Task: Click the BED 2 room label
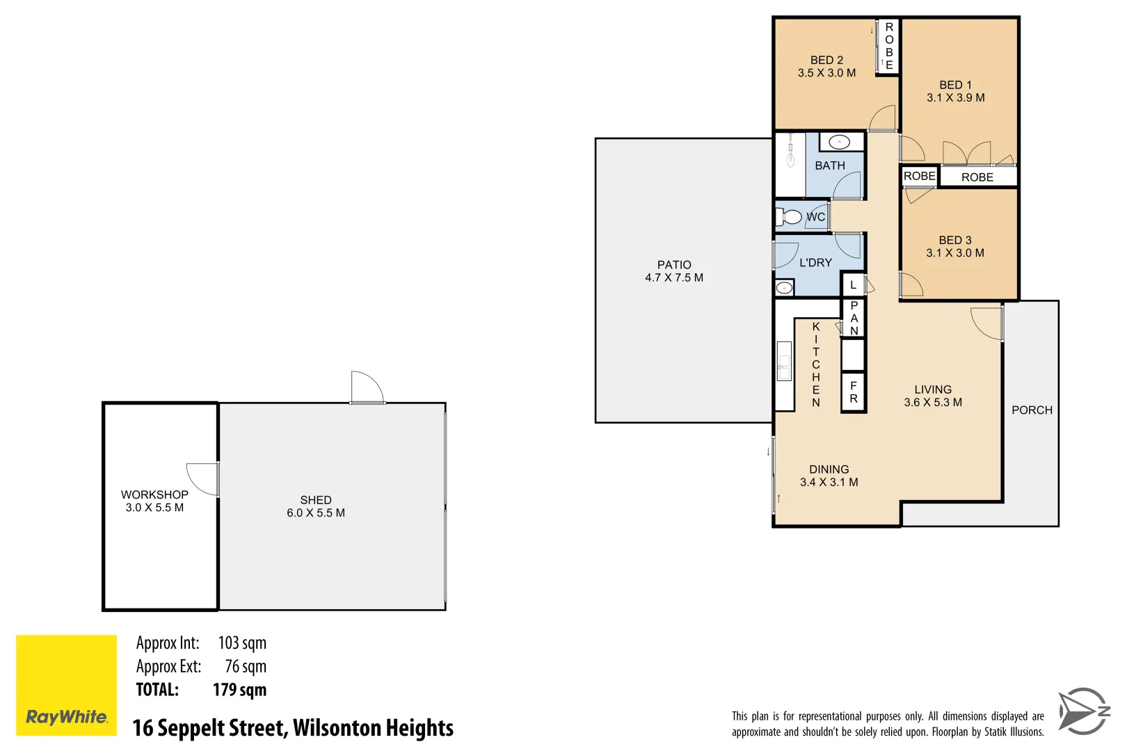click(x=826, y=67)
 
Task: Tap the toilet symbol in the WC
click(x=790, y=217)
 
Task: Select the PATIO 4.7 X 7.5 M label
click(x=673, y=271)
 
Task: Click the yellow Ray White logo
click(x=66, y=685)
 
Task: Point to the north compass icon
click(x=1083, y=711)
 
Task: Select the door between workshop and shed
click(x=204, y=479)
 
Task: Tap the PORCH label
click(x=1032, y=410)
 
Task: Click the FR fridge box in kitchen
click(x=853, y=393)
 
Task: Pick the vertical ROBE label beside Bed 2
click(x=888, y=46)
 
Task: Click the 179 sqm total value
click(x=239, y=690)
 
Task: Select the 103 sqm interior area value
click(x=242, y=643)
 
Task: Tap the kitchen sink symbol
click(x=784, y=361)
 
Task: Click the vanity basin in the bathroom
click(x=839, y=142)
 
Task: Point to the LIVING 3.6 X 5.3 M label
click(x=932, y=396)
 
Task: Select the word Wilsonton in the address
click(x=337, y=728)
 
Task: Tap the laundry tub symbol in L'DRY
click(x=784, y=287)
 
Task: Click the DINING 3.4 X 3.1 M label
click(x=829, y=476)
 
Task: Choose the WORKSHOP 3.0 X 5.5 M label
click(x=154, y=501)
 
